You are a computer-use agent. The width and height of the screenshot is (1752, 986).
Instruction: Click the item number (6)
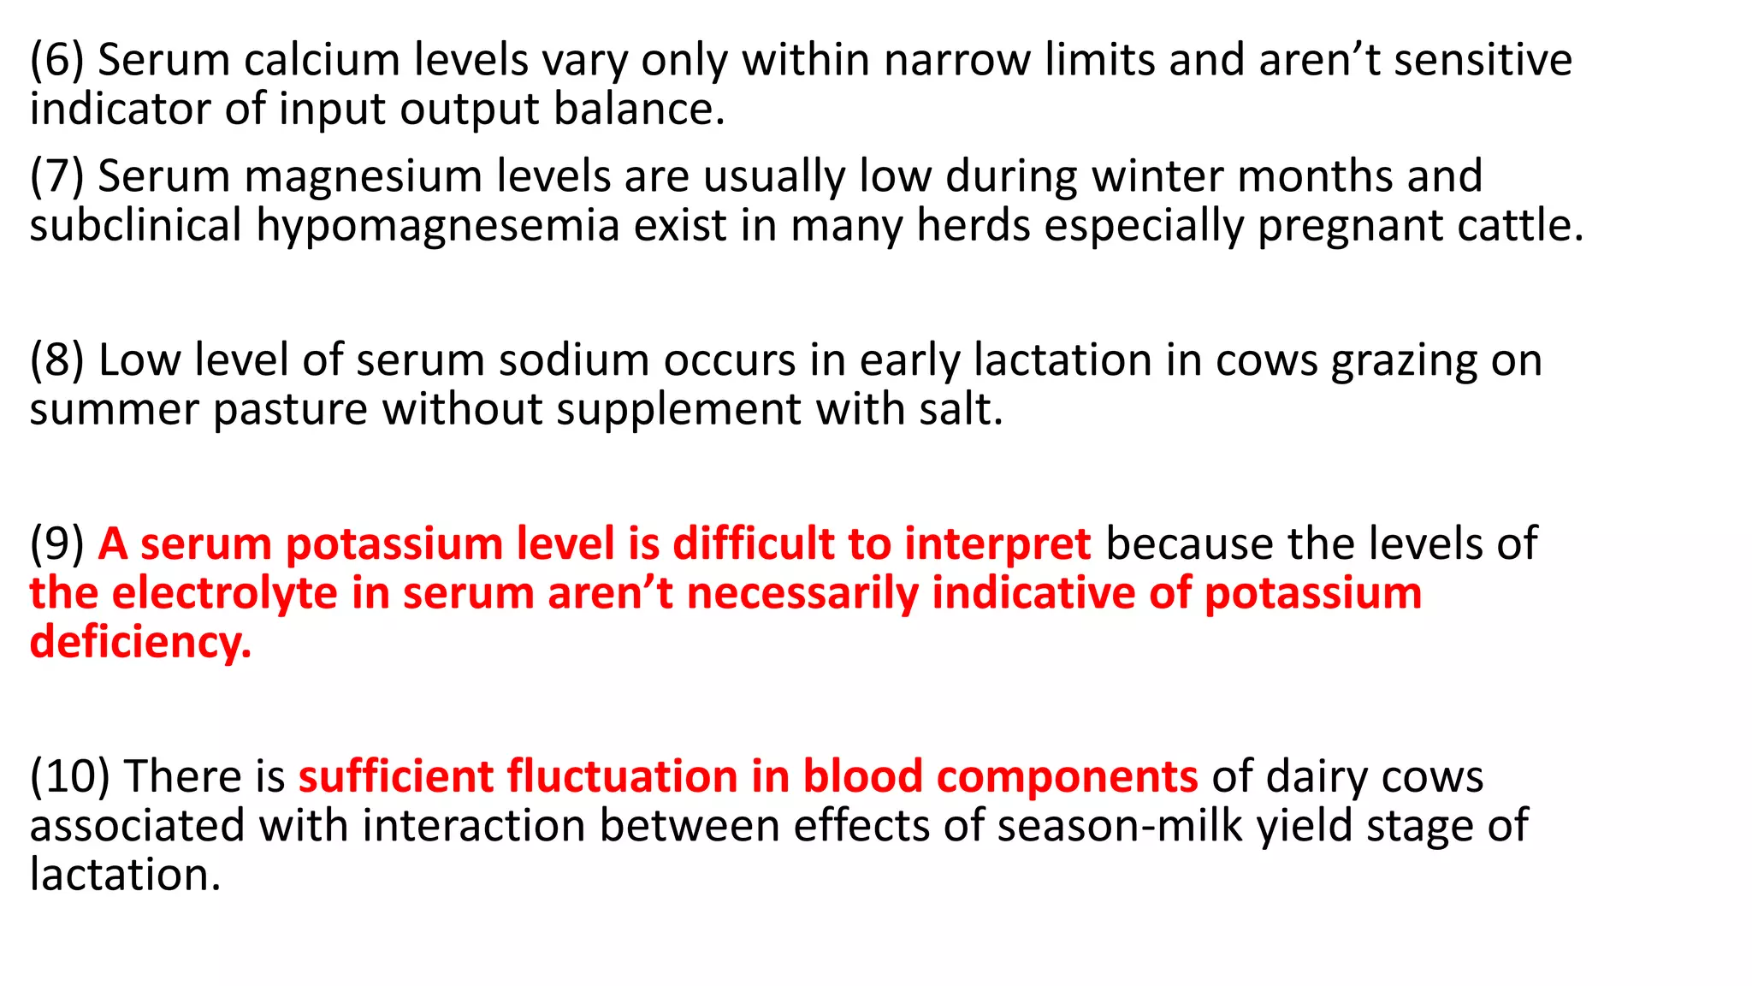tap(56, 61)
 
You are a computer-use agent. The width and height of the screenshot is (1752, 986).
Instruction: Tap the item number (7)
tap(56, 177)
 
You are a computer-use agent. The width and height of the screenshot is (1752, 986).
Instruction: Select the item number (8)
tap(56, 360)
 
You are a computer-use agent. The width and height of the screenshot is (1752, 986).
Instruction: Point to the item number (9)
tap(56, 544)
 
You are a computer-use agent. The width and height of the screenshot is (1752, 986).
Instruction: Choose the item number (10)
tap(69, 777)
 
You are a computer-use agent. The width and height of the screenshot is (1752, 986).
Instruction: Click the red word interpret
tap(997, 544)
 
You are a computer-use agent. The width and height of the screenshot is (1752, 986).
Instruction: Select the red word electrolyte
tap(225, 593)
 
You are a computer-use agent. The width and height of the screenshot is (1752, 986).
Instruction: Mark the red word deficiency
tap(140, 643)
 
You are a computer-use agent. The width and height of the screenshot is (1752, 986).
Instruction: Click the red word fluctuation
tap(622, 777)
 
